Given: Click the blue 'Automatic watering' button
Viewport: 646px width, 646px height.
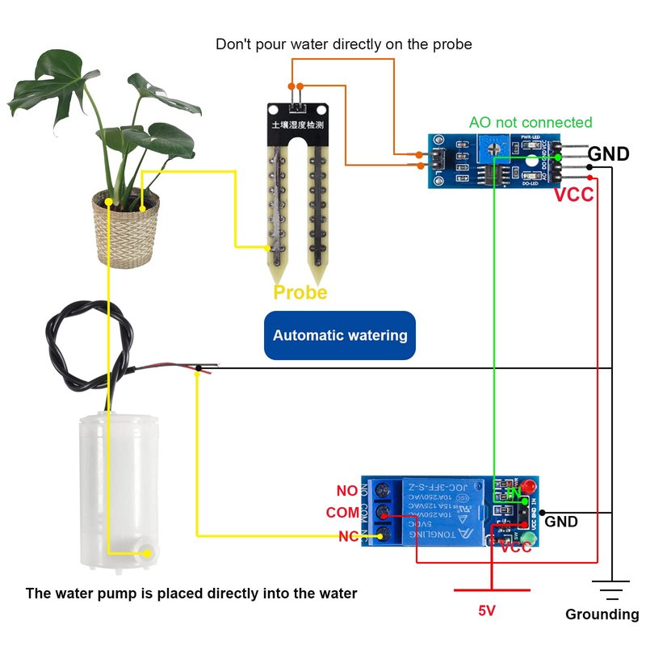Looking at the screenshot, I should pyautogui.click(x=340, y=335).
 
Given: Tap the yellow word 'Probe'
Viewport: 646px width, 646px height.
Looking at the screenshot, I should pyautogui.click(x=300, y=292).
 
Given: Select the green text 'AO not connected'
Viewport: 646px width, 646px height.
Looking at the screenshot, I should pyautogui.click(x=531, y=123).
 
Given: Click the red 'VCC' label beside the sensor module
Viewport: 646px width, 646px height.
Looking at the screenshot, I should pyautogui.click(x=573, y=195).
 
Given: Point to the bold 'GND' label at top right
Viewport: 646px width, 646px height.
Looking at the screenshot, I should pyautogui.click(x=608, y=153).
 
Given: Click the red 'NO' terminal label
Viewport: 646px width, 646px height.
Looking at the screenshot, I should pyautogui.click(x=347, y=491).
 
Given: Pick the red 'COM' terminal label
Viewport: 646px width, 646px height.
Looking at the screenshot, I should pyautogui.click(x=342, y=513).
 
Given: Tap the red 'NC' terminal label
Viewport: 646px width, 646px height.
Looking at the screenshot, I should pyautogui.click(x=348, y=536).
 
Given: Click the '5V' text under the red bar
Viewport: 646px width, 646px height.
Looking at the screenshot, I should pyautogui.click(x=486, y=611).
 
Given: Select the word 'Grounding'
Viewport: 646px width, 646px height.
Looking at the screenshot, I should pyautogui.click(x=602, y=615).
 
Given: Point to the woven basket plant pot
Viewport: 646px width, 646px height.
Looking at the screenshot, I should pyautogui.click(x=125, y=229).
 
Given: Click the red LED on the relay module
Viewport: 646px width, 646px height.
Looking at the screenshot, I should pyautogui.click(x=530, y=488).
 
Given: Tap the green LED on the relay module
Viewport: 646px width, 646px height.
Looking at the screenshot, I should pyautogui.click(x=529, y=539).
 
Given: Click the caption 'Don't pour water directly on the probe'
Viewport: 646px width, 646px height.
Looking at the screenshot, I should pyautogui.click(x=343, y=44).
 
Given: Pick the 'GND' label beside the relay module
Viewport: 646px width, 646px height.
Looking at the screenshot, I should pyautogui.click(x=561, y=522).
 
